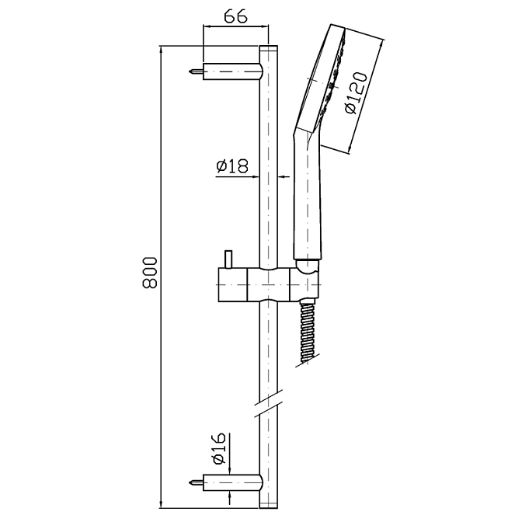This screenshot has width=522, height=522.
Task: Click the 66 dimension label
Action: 235,16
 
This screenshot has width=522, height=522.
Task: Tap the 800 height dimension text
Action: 149,272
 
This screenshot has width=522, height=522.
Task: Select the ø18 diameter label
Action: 232,165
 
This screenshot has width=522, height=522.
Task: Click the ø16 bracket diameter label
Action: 219,448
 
